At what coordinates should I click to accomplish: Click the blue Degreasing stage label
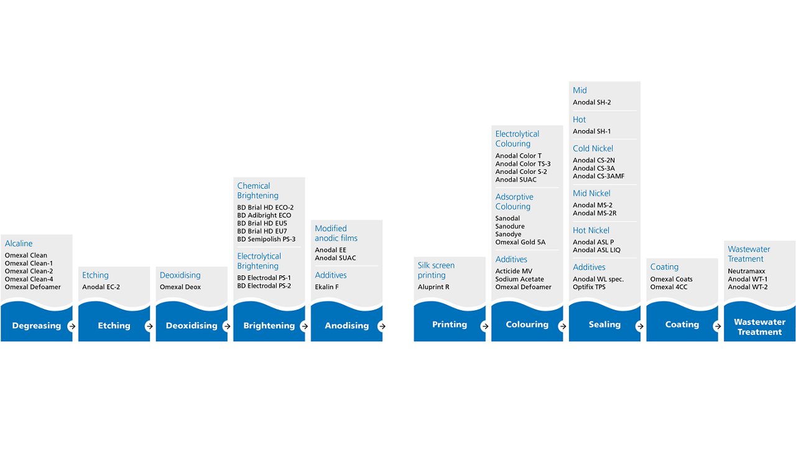[x=37, y=326]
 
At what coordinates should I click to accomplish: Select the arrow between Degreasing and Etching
[x=72, y=326]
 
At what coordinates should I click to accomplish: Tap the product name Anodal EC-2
[x=101, y=287]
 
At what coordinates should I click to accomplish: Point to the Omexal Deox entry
[x=180, y=287]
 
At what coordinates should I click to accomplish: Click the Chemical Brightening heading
[x=257, y=191]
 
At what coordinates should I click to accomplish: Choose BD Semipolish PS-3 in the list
[x=266, y=239]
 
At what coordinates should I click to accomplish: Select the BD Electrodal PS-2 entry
[x=264, y=286]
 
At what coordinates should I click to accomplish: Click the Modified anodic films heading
[x=336, y=234]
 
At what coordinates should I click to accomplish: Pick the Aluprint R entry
[x=433, y=287]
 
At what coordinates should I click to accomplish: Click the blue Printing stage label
[x=450, y=324]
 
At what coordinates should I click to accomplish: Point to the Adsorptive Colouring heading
[x=514, y=202]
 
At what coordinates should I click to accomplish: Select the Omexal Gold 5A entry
[x=521, y=242]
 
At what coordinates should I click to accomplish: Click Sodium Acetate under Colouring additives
[x=519, y=279]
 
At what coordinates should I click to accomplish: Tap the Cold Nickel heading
[x=593, y=149]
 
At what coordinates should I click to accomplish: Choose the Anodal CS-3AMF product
[x=598, y=176]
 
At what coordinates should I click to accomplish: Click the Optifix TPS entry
[x=589, y=287]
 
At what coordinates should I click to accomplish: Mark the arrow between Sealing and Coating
[x=640, y=326]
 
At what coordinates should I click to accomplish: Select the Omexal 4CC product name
[x=669, y=287]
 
